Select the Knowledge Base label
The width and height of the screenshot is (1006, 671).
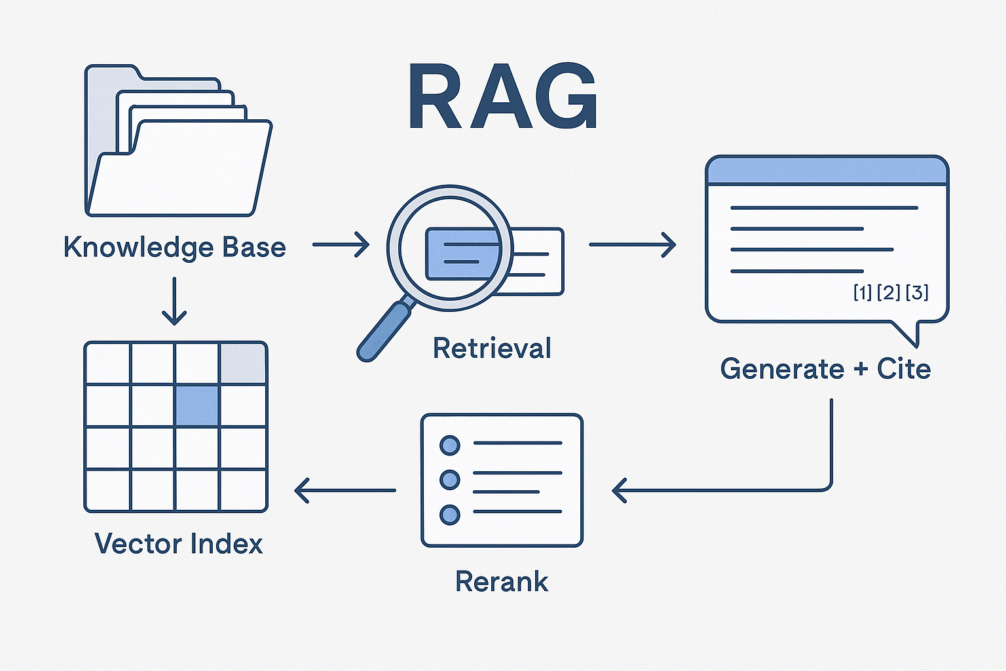tap(174, 248)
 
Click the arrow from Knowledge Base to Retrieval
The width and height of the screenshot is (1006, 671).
tap(341, 244)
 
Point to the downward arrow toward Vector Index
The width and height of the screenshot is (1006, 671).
tap(174, 301)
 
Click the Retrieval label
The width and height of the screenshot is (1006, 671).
tap(492, 348)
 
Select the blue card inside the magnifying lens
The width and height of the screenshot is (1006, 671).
tap(461, 254)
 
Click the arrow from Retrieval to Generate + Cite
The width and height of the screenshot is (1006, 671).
tap(632, 244)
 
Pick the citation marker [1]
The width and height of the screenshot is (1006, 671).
tap(862, 292)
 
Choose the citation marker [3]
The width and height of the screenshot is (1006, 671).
tap(917, 292)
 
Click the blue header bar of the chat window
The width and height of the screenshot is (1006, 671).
tap(827, 171)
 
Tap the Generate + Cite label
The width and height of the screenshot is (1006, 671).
tap(825, 369)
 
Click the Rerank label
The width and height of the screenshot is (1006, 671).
tap(502, 581)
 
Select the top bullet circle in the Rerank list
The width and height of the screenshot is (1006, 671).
tap(450, 445)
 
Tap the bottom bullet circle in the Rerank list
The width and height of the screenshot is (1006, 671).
tap(450, 514)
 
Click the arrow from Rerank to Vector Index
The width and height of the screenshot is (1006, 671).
tap(345, 490)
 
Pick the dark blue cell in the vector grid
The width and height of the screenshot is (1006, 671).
tap(197, 405)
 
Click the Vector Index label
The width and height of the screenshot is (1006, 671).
tap(179, 544)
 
